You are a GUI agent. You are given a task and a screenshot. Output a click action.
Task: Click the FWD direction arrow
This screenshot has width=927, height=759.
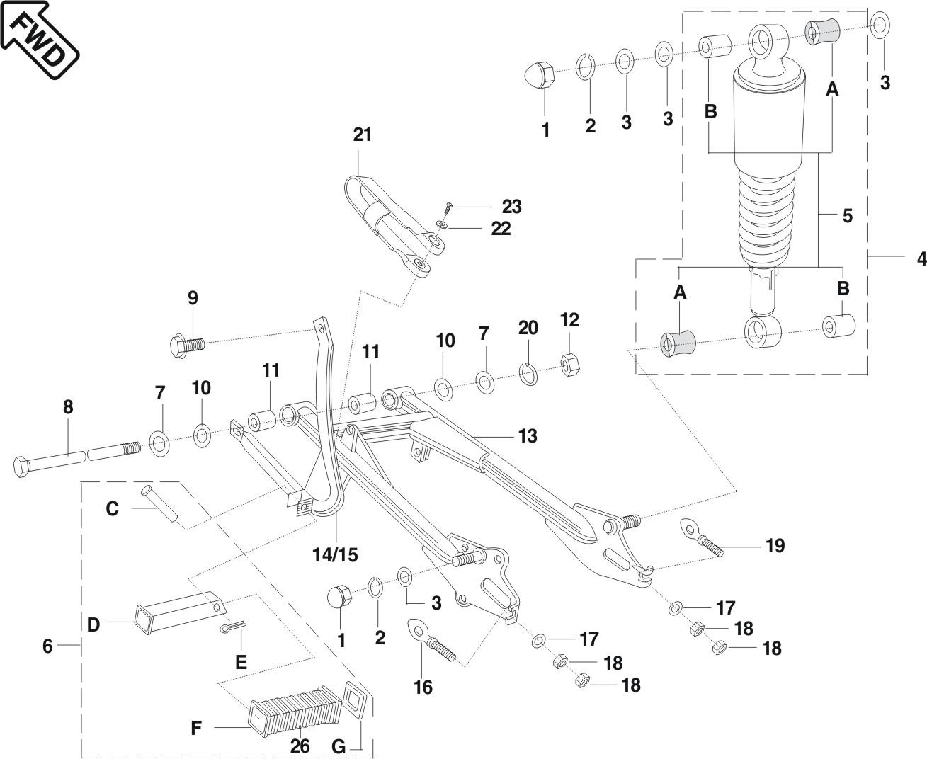39,39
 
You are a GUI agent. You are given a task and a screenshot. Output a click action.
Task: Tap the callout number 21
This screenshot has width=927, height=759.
362,135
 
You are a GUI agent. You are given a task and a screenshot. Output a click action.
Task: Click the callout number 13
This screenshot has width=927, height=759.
527,435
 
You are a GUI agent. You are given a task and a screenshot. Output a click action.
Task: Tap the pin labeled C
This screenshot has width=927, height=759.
160,503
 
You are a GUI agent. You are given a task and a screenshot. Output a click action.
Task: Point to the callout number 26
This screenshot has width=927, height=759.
300,746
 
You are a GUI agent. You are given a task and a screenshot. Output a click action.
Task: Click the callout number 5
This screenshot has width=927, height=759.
848,215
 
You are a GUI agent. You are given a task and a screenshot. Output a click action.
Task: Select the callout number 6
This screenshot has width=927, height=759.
47,646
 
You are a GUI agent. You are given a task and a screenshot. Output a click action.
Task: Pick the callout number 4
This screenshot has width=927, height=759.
921,258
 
